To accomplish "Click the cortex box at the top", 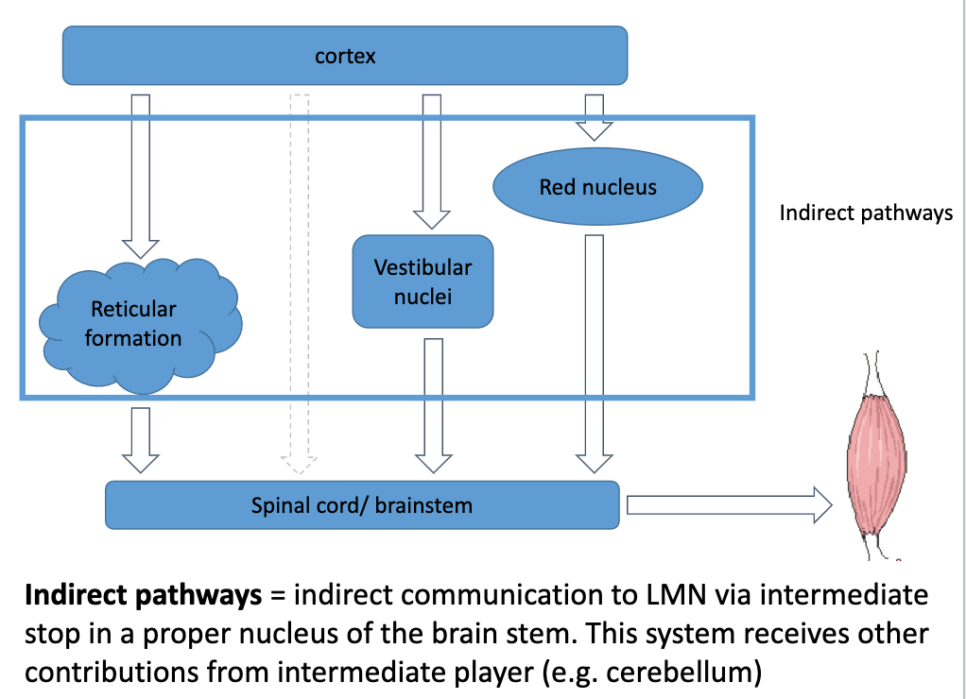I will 345,56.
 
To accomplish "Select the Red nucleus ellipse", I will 597,187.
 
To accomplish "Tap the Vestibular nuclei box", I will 423,281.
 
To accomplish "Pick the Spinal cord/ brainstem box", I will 362,504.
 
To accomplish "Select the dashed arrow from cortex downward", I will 300,283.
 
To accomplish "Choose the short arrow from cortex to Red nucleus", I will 594,114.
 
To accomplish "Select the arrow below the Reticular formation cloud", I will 141,438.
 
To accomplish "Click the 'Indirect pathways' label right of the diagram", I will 866,213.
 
